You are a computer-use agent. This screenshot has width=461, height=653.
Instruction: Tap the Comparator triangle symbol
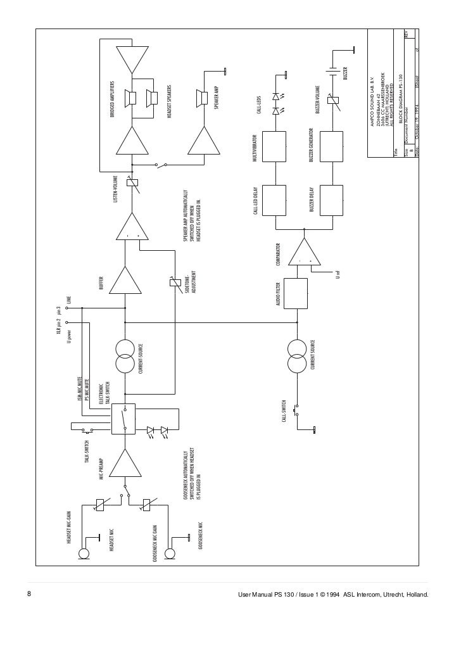pyautogui.click(x=305, y=253)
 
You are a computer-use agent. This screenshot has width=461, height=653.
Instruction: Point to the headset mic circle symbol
pyautogui.click(x=83, y=555)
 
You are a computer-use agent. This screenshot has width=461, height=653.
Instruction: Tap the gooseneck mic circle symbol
pyautogui.click(x=169, y=555)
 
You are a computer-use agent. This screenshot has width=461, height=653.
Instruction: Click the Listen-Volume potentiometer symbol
pyautogui.click(x=132, y=184)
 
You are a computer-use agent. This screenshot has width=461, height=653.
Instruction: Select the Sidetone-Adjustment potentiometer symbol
pyautogui.click(x=176, y=282)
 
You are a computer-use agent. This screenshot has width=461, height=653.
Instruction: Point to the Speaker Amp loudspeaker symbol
pyautogui.click(x=203, y=99)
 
